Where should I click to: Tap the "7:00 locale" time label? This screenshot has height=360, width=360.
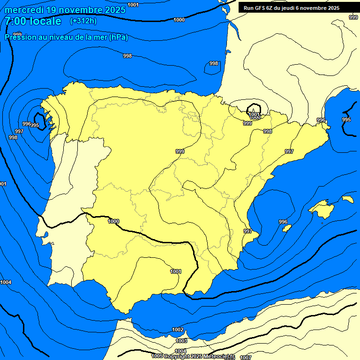point(33,21)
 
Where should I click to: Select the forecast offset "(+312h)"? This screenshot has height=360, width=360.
point(83,21)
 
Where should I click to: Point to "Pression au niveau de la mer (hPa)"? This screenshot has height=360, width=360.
point(66,37)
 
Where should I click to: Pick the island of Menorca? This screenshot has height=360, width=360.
point(347,199)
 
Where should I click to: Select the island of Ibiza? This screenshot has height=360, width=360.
point(286,228)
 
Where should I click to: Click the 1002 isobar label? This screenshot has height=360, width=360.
point(178,330)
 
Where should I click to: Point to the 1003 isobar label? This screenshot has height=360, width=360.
point(181,341)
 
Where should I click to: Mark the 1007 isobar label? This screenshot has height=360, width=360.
point(245,358)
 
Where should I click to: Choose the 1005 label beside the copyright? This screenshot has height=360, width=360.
point(157,356)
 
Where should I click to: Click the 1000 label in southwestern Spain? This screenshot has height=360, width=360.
point(113,221)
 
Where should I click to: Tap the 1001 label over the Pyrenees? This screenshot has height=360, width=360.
point(255,114)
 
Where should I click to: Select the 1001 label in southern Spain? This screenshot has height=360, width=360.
point(176,271)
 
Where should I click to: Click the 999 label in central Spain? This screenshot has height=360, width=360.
point(180,151)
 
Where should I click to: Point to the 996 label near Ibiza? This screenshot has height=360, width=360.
point(283,222)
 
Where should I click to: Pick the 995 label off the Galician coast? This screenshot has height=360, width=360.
point(35,125)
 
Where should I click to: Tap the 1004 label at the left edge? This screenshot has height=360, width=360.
point(6,282)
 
